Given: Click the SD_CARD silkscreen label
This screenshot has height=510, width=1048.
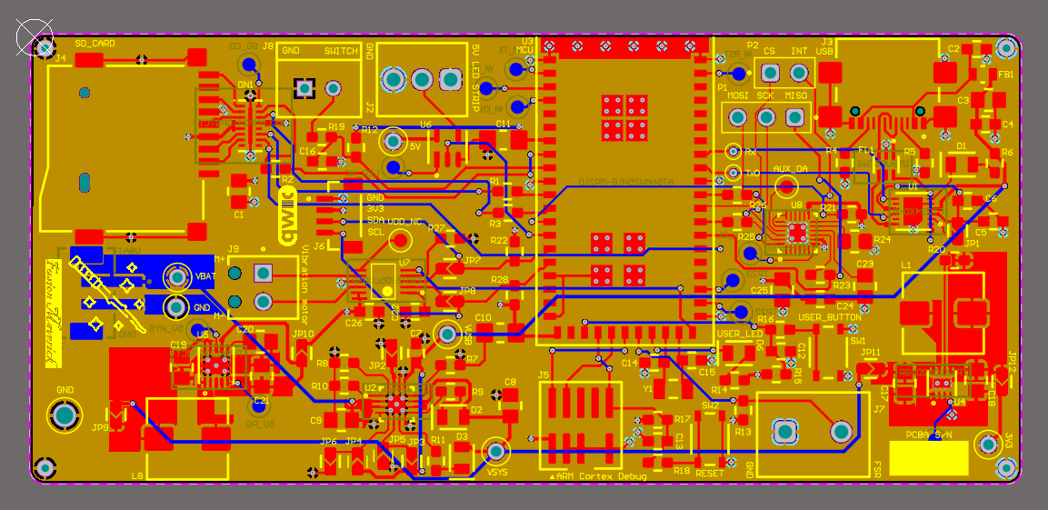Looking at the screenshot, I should pyautogui.click(x=95, y=44).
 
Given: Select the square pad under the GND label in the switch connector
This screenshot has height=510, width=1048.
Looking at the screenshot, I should pyautogui.click(x=304, y=88).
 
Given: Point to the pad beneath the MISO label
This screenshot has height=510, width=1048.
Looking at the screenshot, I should pyautogui.click(x=795, y=116).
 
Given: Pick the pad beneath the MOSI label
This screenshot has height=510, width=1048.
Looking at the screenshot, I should pyautogui.click(x=737, y=116).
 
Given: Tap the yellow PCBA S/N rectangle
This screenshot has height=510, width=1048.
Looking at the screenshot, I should pyautogui.click(x=928, y=457).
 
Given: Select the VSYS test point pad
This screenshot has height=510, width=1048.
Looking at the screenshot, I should pyautogui.click(x=496, y=451).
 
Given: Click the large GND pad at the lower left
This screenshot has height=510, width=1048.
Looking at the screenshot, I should pyautogui.click(x=65, y=415).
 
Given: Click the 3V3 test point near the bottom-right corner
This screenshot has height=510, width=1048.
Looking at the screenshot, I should pyautogui.click(x=987, y=445).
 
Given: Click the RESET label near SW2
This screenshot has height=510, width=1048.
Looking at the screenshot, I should pyautogui.click(x=709, y=473).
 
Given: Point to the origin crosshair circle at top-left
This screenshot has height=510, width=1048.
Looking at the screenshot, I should pyautogui.click(x=35, y=37).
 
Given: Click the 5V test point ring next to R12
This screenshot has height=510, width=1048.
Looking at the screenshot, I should pyautogui.click(x=393, y=141).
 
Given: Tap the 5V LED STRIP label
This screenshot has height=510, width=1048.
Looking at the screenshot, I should pyautogui.click(x=476, y=76).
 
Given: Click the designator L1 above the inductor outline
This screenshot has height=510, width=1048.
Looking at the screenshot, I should pyautogui.click(x=906, y=265).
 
